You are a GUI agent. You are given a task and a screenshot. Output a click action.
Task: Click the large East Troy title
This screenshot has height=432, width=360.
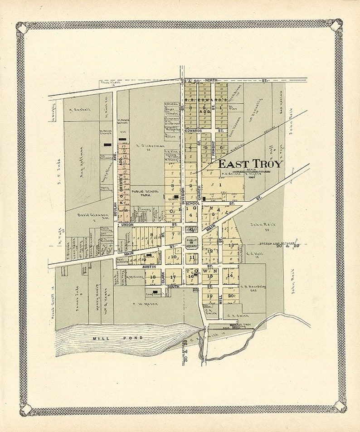(250, 164)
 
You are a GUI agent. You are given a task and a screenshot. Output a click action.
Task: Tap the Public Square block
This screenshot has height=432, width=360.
(191, 242)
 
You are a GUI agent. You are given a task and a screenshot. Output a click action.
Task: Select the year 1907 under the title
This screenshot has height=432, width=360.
(252, 177)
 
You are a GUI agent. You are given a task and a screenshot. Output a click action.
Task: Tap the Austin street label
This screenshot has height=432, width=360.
(135, 267)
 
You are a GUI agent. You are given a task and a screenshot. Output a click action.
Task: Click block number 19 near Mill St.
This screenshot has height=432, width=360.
(209, 296)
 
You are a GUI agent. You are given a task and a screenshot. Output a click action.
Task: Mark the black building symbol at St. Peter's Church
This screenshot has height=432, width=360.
(107, 145)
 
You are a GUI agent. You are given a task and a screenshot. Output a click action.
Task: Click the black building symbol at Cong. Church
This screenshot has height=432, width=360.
(156, 292)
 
